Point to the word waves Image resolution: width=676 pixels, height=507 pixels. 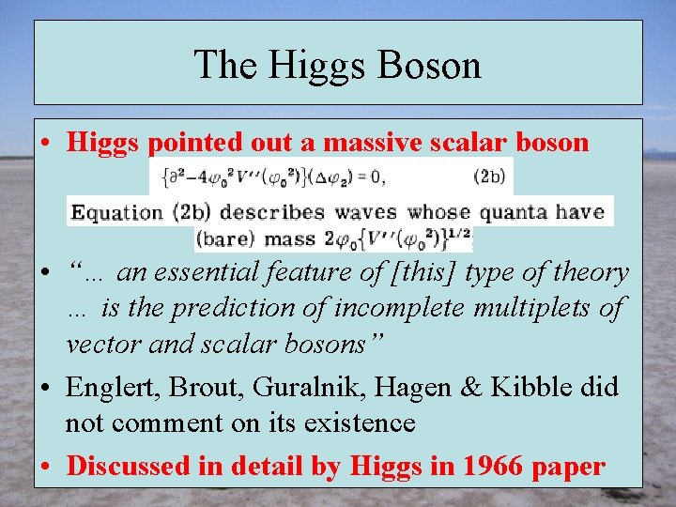coord(361,211)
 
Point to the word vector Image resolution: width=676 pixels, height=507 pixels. coord(102,343)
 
